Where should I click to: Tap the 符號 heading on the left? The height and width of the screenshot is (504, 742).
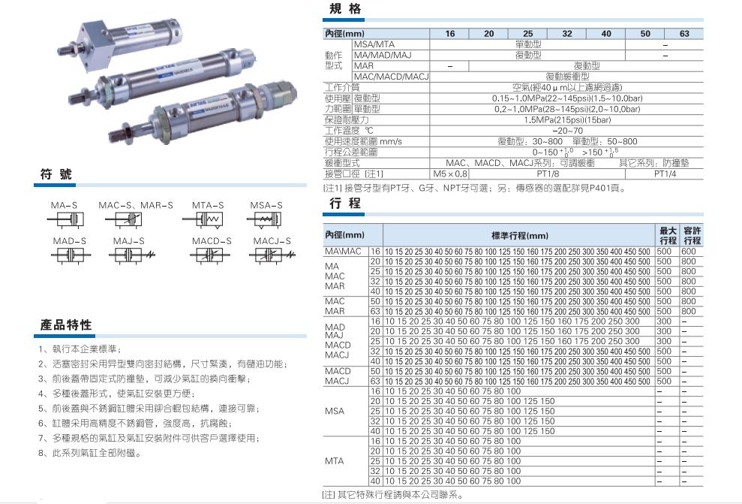pyautogui.click(x=56, y=174)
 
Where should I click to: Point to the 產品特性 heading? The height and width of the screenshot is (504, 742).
pyautogui.click(x=66, y=325)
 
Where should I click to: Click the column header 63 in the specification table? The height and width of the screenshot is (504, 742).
pyautogui.click(x=683, y=34)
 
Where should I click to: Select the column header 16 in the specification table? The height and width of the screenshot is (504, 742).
pyautogui.click(x=450, y=34)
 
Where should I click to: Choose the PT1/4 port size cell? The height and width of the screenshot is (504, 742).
pyautogui.click(x=664, y=174)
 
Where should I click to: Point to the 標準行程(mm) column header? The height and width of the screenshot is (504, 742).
pyautogui.click(x=519, y=235)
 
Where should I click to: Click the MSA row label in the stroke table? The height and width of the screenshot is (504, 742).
pyautogui.click(x=335, y=412)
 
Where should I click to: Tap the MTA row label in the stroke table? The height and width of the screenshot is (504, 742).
pyautogui.click(x=335, y=461)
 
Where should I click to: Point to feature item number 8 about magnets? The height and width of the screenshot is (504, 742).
pyautogui.click(x=90, y=453)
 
